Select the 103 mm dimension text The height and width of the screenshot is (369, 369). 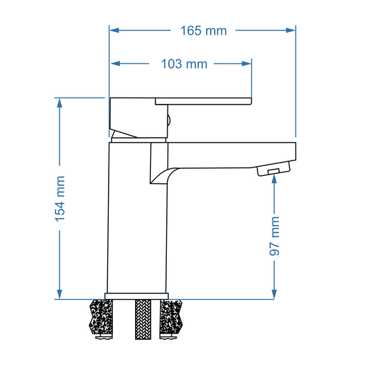(x=183, y=64)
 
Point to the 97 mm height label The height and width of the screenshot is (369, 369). (x=275, y=235)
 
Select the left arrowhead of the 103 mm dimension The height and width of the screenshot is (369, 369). (x=116, y=64)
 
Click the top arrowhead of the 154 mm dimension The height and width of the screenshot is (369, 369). (x=60, y=103)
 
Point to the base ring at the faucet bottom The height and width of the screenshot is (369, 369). (x=137, y=296)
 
